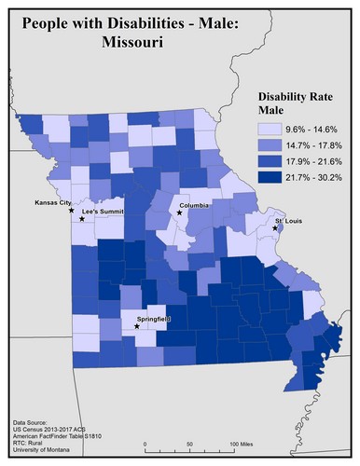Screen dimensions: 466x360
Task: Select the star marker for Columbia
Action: tap(179, 212)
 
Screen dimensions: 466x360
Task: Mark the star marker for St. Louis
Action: tap(274, 228)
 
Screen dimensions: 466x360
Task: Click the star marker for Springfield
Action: tap(138, 327)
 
